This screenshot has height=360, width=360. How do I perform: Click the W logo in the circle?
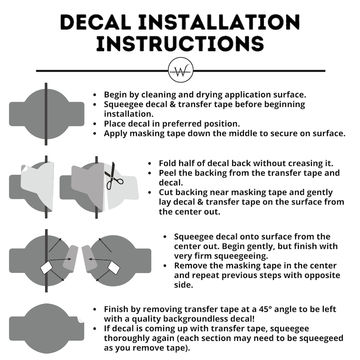pyautogui.click(x=181, y=70)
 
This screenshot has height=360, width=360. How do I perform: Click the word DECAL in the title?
pyautogui.click(x=96, y=22)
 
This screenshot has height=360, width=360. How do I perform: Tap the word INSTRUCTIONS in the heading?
pyautogui.click(x=180, y=44)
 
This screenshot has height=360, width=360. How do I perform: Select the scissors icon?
pyautogui.click(x=113, y=177)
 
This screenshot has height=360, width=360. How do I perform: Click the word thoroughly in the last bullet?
pyautogui.click(x=128, y=338)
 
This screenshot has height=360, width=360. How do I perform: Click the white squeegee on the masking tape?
pyautogui.click(x=47, y=268)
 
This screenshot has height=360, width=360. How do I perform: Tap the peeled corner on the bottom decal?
pyautogui.click(x=81, y=320)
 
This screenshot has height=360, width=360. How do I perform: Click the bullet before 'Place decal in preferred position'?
pyautogui.click(x=95, y=124)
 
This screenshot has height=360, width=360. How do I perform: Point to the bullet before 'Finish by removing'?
pyautogui.click(x=95, y=310)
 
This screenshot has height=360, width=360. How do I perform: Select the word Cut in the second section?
pyautogui.click(x=166, y=192)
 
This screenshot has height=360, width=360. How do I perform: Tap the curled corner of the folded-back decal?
pyautogui.click(x=24, y=168)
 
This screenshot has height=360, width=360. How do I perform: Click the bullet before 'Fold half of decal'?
pyautogui.click(x=150, y=164)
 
